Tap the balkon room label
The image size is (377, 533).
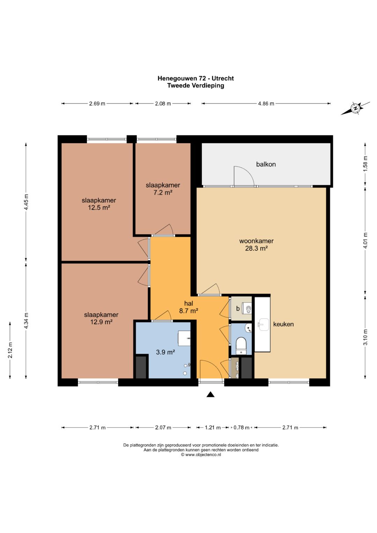click(x=266, y=164)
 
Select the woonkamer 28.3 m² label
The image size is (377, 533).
click(x=256, y=245)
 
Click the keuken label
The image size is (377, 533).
click(x=283, y=324)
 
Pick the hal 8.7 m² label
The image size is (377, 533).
click(x=189, y=307)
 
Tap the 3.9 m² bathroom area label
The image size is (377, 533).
click(x=166, y=352)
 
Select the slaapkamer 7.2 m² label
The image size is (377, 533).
click(x=163, y=189)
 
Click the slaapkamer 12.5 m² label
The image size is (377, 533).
click(x=99, y=204)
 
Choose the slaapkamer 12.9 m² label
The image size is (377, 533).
click(x=101, y=318)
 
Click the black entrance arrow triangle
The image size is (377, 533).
click(x=210, y=394)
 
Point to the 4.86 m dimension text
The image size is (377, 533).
click(x=266, y=104)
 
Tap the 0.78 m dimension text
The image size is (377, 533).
click(x=241, y=428)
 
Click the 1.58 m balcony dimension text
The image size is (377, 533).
click(x=366, y=163)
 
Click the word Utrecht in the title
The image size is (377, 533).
click(x=223, y=78)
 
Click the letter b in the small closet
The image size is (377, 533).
click(x=238, y=309)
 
